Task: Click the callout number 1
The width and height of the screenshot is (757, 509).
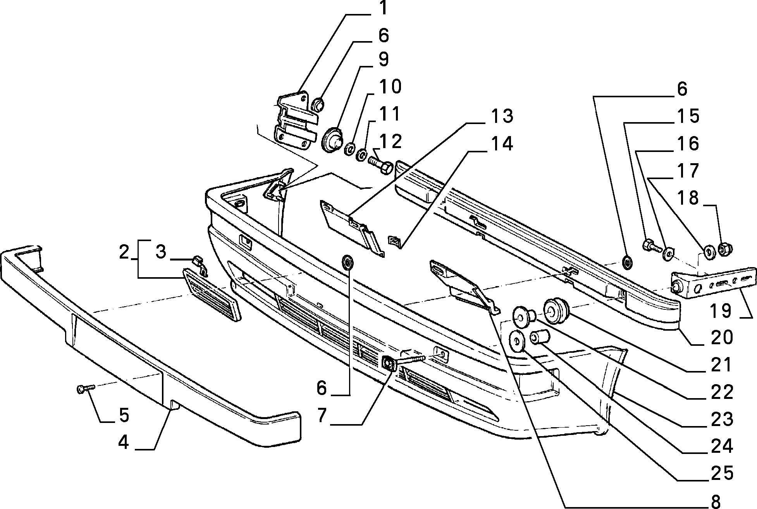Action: coord(383,8)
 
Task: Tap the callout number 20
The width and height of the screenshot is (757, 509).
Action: coord(721,337)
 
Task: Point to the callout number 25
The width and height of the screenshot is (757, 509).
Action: coord(722,473)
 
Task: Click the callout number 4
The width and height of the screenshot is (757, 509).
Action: coord(124,442)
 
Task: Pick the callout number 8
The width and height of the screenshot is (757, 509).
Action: coord(716,501)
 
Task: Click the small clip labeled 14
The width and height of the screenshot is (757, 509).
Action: coord(394,241)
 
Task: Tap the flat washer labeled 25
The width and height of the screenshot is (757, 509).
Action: coord(516,341)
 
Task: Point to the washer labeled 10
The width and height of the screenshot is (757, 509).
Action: coord(350,149)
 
